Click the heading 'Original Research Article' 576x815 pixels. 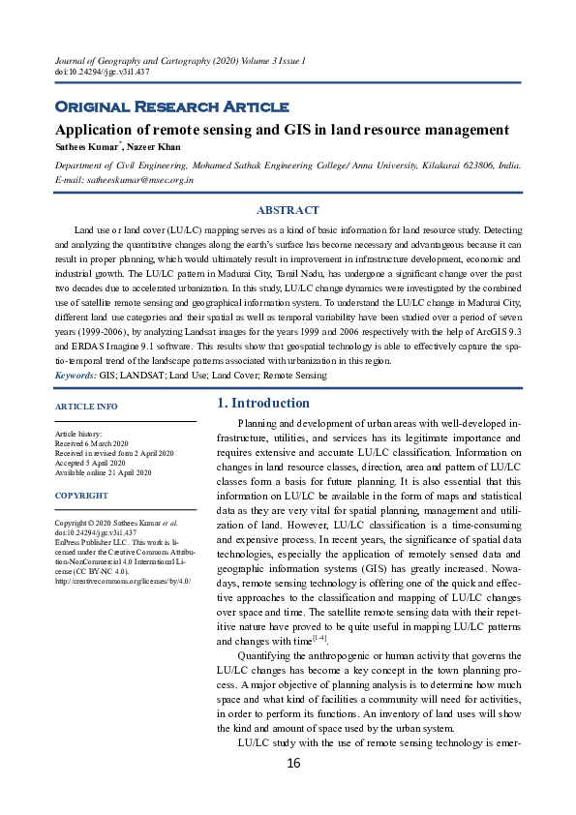(170, 106)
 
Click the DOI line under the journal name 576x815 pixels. (89, 73)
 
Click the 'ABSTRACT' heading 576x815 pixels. (288, 210)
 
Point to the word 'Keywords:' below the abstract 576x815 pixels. (76, 375)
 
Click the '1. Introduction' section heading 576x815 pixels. (262, 404)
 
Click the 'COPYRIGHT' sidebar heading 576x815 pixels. (81, 496)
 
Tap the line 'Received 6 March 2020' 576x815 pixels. (97, 444)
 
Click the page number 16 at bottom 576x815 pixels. (293, 764)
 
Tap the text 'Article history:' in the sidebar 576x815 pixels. (78, 436)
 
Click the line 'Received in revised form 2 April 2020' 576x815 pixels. (114, 453)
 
